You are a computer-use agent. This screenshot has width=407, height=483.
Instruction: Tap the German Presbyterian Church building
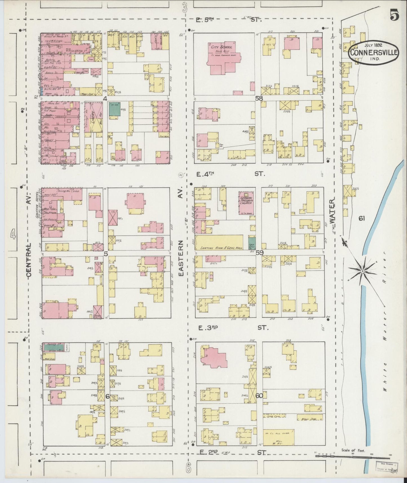pyautogui.click(x=246, y=202)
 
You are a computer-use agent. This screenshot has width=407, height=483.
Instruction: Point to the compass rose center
pyautogui.click(x=362, y=271)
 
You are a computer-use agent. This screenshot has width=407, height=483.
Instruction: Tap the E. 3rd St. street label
pyautogui.click(x=233, y=328)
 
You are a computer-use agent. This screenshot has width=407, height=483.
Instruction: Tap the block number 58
pyautogui.click(x=259, y=98)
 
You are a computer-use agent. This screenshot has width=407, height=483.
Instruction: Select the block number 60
pyautogui.click(x=259, y=396)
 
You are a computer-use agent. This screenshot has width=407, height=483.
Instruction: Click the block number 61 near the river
pyautogui.click(x=362, y=218)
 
